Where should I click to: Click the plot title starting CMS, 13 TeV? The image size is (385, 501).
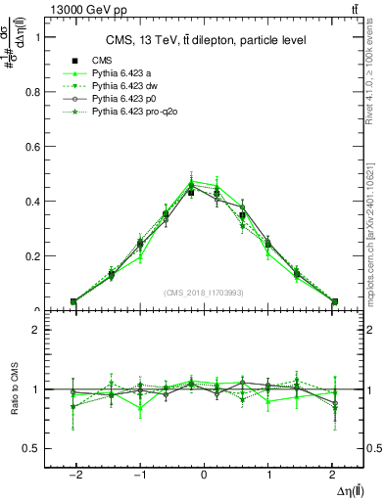206,40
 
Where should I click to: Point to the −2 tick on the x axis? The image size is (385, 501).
74,474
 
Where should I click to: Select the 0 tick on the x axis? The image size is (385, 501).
204,474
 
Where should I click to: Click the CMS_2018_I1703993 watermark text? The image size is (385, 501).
204,293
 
